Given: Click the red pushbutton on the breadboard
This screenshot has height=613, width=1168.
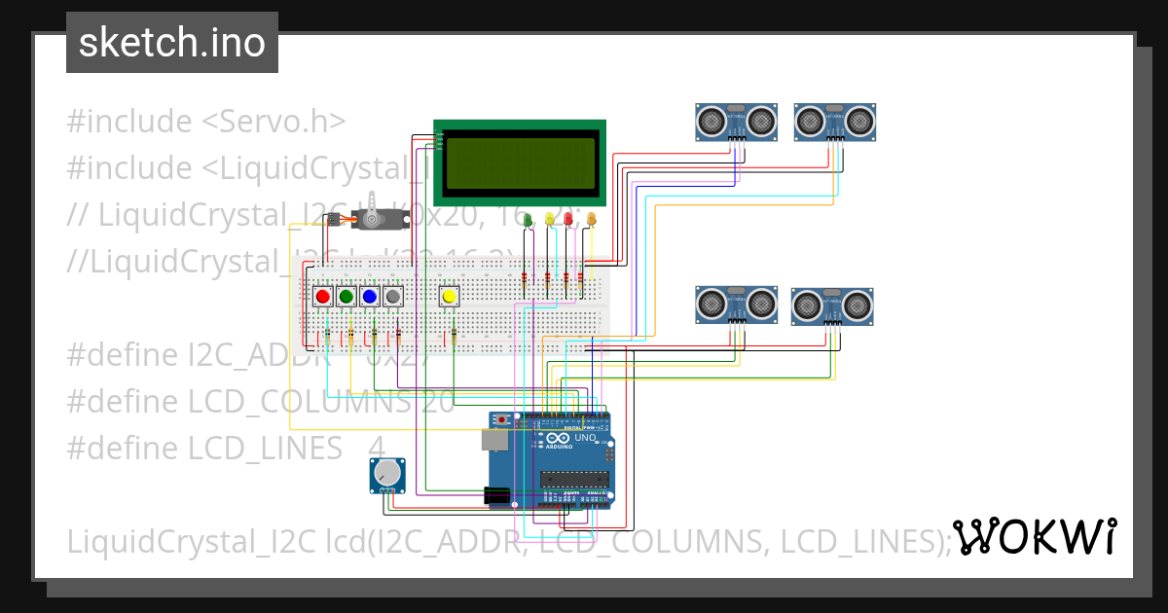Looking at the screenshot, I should [323, 296].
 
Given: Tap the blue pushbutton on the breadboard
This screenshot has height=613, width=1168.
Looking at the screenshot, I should [369, 296].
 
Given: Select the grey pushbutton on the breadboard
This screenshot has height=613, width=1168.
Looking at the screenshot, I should [392, 296].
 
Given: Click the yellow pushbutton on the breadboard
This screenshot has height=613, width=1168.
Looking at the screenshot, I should [449, 296].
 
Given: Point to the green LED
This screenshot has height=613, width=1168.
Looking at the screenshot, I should [529, 221].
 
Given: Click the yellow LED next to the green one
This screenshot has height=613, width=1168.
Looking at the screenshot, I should [550, 220].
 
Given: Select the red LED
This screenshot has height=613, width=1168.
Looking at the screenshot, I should [568, 219].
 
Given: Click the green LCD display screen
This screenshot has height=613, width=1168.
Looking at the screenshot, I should [521, 163].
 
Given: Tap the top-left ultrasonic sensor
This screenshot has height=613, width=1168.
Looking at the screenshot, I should [736, 122].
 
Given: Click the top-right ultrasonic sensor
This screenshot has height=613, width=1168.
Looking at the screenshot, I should [835, 122].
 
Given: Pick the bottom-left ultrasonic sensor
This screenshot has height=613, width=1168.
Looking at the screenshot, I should [736, 305].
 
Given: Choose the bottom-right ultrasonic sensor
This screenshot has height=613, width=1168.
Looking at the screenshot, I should [832, 306].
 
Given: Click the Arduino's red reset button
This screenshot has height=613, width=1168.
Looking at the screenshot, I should [502, 420].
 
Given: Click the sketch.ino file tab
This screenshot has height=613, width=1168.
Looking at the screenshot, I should [172, 43].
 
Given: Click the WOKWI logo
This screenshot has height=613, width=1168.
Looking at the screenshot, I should [1034, 536].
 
